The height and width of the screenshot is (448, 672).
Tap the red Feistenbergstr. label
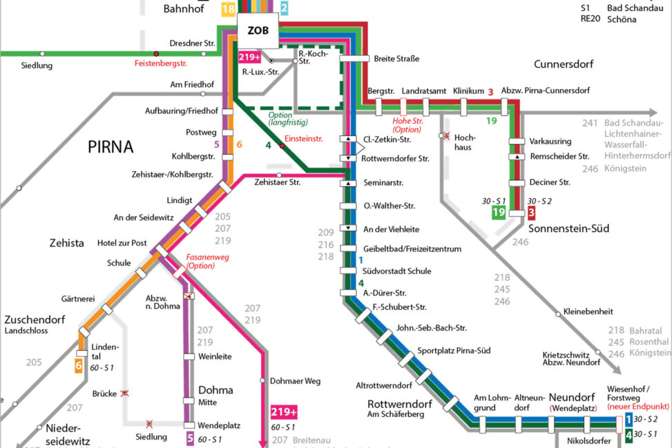tap(160, 64)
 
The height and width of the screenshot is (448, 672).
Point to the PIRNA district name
tap(111, 147)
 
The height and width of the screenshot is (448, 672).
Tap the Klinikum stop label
tap(468, 91)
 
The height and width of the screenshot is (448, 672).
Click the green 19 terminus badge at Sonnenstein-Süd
tap(499, 213)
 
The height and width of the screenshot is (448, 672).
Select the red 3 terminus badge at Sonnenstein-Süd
tap(531, 213)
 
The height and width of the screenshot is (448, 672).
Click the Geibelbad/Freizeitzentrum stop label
tap(403, 249)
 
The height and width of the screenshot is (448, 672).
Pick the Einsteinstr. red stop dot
tap(281, 146)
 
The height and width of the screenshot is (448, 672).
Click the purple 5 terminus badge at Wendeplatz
tap(189, 437)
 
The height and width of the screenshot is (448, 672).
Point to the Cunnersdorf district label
tap(564, 64)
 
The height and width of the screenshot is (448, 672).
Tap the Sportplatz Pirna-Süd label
tap(454, 351)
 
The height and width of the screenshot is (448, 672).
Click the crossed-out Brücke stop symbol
tap(125, 393)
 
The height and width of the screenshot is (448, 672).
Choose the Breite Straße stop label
tap(396, 59)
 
